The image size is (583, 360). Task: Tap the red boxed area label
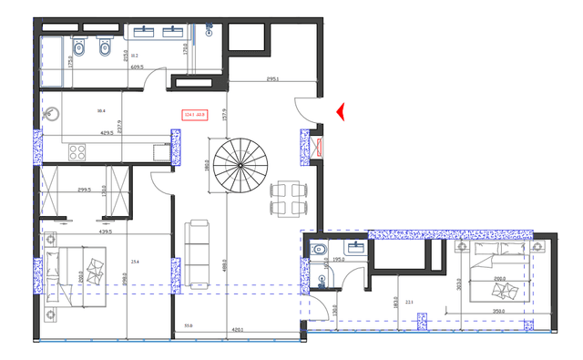coord(195,115)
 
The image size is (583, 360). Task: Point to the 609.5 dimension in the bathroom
coord(138,67)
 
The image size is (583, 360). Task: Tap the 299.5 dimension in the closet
coord(86,190)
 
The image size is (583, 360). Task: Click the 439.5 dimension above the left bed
coord(106,231)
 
